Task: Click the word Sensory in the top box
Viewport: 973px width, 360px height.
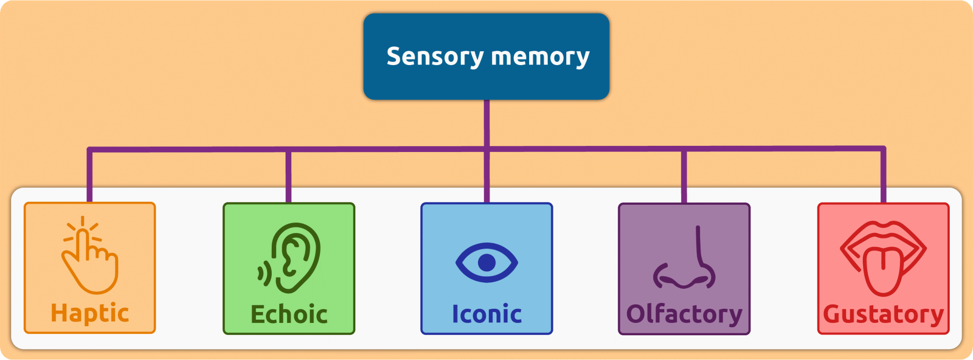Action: (435, 57)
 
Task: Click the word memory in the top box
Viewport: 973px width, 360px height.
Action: (540, 57)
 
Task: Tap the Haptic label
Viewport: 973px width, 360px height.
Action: (90, 313)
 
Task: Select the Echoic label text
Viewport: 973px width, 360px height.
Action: (289, 314)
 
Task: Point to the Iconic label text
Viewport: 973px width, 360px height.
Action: (486, 314)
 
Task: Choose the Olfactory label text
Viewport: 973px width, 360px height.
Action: (684, 314)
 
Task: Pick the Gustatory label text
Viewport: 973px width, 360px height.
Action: (883, 314)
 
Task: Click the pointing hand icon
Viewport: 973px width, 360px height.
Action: (90, 264)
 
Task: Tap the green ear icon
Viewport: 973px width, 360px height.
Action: (297, 256)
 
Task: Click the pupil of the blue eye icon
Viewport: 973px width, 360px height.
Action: (486, 262)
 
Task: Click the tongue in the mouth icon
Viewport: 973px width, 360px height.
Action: (883, 271)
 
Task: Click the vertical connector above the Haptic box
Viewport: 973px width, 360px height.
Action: (89, 176)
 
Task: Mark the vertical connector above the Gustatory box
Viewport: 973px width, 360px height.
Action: (883, 176)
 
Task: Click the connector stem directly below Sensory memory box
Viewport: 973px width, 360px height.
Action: (486, 123)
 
